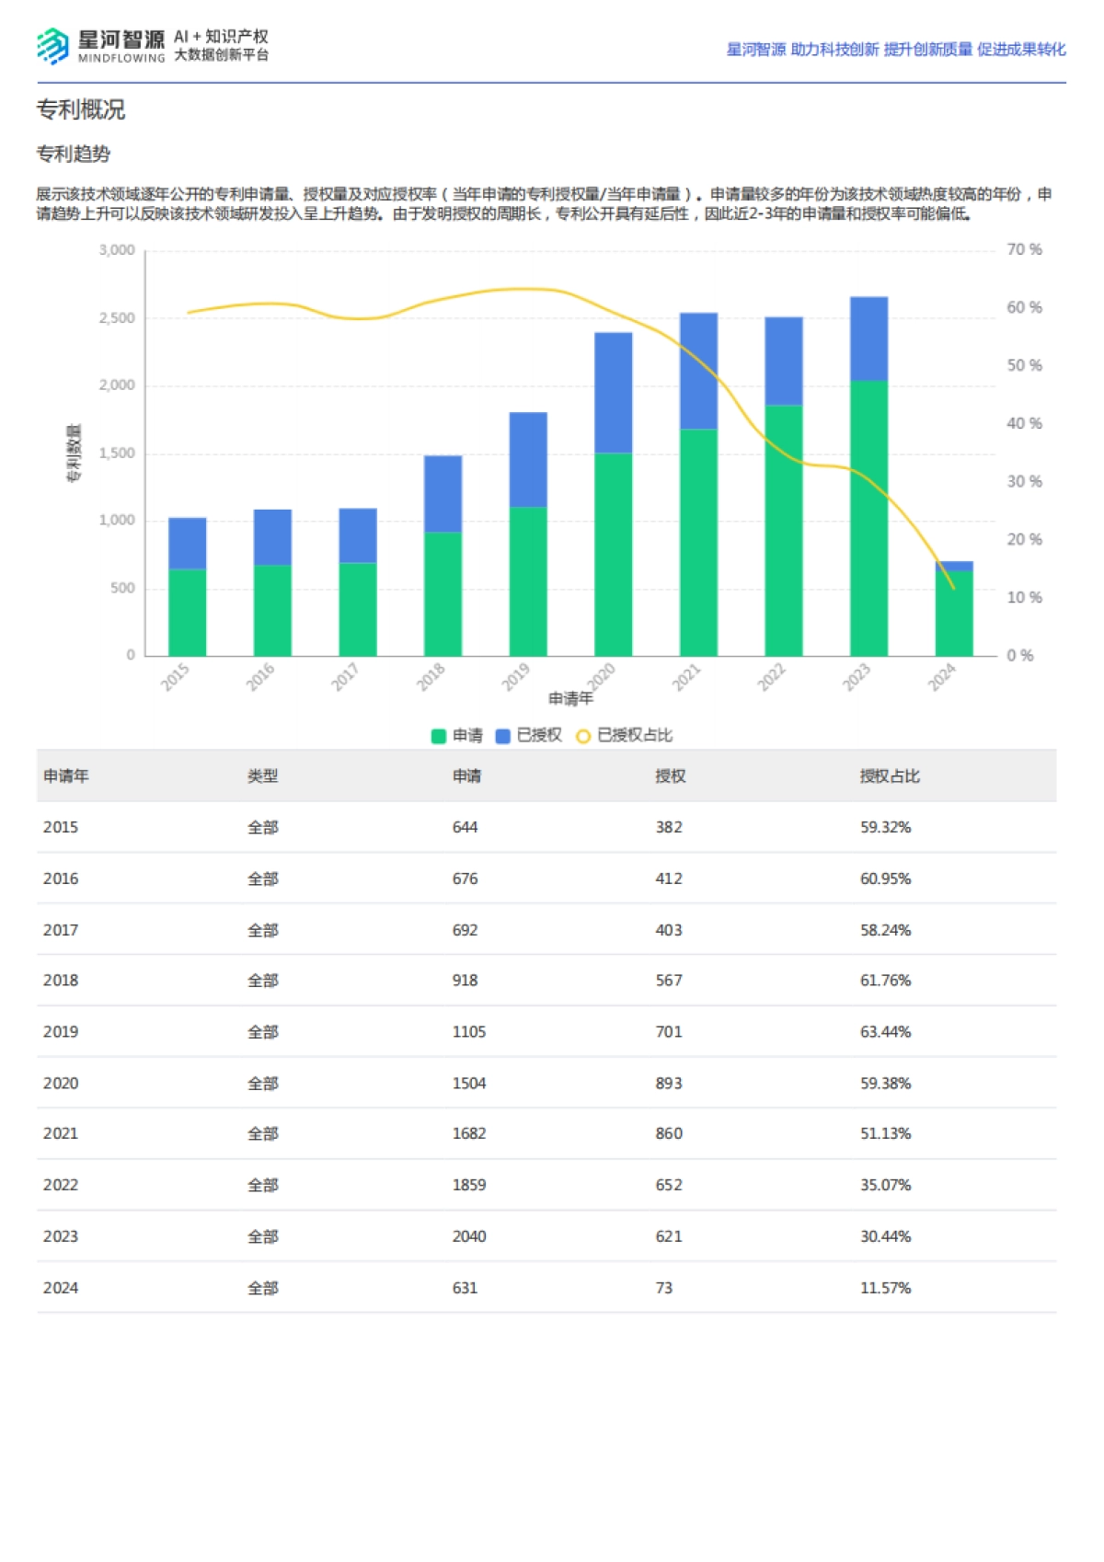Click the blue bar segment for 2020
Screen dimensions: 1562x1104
tap(613, 393)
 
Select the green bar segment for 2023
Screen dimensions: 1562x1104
tap(868, 518)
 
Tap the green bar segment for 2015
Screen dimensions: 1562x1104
tap(187, 612)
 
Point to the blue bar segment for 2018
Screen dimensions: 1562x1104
tap(443, 494)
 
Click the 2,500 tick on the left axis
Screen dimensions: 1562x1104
tap(117, 318)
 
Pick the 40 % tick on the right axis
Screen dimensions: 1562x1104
tap(1024, 424)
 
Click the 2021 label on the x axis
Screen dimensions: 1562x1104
tap(685, 678)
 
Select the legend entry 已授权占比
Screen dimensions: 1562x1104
tap(625, 736)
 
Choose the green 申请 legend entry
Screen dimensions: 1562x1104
tap(457, 736)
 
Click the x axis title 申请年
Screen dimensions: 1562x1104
tap(570, 699)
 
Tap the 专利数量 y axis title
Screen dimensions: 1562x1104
tap(74, 453)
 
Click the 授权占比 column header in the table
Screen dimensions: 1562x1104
tap(889, 776)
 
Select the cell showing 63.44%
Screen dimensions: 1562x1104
tap(885, 1032)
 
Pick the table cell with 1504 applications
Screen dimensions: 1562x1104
tap(468, 1084)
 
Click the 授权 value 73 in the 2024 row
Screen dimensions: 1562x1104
tap(663, 1288)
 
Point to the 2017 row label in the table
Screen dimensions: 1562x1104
tap(61, 930)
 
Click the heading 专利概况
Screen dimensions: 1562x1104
tap(80, 109)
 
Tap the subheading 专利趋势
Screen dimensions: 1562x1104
tap(73, 154)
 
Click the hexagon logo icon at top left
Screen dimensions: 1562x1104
tap(52, 45)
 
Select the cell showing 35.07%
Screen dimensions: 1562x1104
tap(885, 1185)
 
